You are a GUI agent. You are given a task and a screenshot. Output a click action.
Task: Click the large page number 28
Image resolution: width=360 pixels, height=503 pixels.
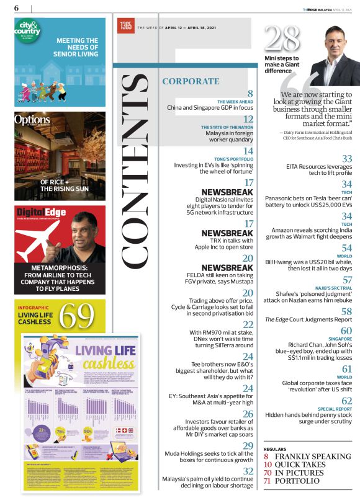[282, 39]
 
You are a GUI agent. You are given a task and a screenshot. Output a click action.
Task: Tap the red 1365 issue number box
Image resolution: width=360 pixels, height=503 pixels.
[125, 26]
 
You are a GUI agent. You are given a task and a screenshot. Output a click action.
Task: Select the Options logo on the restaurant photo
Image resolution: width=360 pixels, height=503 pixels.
[33, 120]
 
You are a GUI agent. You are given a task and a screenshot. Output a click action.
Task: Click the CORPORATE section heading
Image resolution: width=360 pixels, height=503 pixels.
[190, 81]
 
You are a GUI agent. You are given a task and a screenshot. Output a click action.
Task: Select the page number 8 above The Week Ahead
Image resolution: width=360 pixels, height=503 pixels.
[250, 94]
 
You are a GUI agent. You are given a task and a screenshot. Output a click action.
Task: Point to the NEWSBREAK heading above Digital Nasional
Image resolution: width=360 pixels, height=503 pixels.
[228, 192]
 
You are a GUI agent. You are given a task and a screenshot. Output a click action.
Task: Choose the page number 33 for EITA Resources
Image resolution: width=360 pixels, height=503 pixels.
[347, 159]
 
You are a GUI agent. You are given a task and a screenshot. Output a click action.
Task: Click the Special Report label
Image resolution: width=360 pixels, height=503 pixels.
[335, 409]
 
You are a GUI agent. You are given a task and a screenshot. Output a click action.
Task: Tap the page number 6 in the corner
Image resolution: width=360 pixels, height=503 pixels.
[16, 8]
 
